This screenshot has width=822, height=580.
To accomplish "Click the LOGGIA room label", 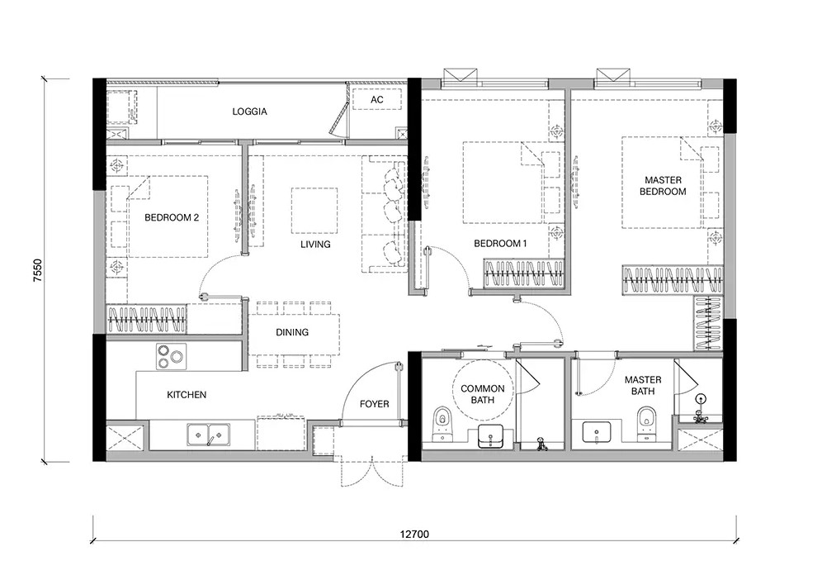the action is (x=249, y=112).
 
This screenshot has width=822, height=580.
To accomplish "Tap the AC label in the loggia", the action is (x=377, y=100).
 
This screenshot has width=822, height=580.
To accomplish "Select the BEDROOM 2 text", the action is (x=172, y=217).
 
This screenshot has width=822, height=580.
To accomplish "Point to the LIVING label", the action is (x=315, y=244).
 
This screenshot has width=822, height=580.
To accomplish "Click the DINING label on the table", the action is (x=292, y=332).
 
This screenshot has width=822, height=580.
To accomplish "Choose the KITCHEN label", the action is (x=187, y=395).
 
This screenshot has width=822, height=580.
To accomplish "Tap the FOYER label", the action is (x=375, y=404).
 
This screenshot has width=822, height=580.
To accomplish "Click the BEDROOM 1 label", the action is (x=500, y=244).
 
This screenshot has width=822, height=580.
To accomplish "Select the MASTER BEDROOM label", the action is (x=663, y=186).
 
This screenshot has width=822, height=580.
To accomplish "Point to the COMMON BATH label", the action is (x=483, y=394).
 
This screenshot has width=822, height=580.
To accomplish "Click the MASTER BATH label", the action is (x=643, y=385).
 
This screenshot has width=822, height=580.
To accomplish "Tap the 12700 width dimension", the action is (x=414, y=535).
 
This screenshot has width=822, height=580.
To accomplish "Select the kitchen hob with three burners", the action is (x=172, y=356).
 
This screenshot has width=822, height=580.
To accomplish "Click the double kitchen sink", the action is (x=208, y=435).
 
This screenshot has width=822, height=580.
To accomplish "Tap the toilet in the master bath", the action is (x=645, y=424).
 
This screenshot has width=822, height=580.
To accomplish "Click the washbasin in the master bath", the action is (x=596, y=433).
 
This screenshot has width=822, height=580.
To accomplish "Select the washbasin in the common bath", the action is (x=491, y=437).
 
